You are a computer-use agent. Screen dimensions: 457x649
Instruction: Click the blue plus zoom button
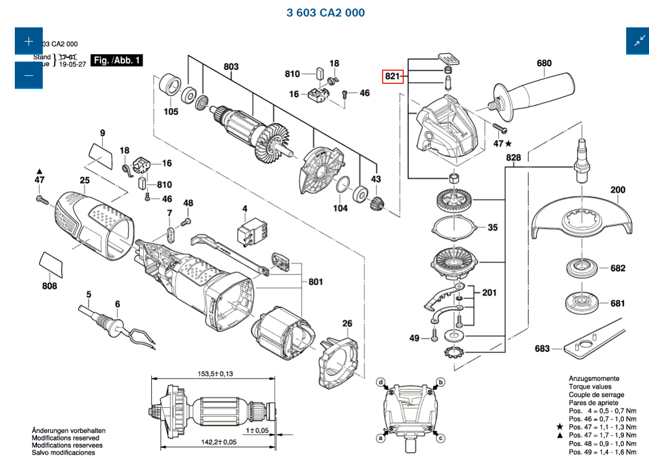[29, 41]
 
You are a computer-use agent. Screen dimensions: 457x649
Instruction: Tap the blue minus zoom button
[29, 75]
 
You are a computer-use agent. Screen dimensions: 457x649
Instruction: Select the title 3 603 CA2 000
[326, 13]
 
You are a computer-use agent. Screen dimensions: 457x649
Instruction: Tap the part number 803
[230, 67]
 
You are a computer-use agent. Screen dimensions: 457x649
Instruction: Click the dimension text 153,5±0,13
[216, 374]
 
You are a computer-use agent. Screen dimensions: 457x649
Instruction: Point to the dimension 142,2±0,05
[217, 442]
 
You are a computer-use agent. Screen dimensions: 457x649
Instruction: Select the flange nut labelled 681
[581, 302]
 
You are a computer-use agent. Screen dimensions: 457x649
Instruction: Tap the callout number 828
[513, 157]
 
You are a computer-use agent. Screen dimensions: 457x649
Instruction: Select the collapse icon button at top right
[638, 41]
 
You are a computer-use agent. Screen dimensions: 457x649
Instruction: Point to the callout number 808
[50, 285]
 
